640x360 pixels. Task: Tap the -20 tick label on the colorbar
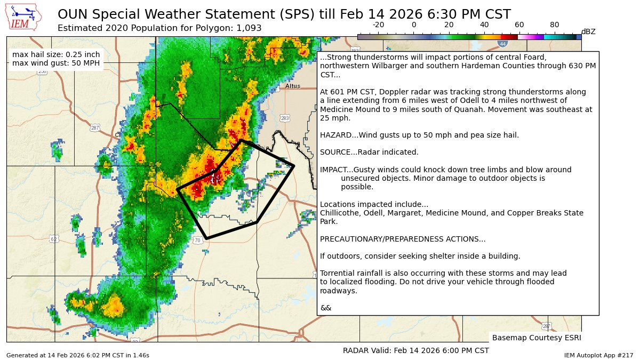pos(378,25)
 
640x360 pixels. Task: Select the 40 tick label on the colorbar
pos(484,25)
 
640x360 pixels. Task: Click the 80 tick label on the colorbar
pos(555,25)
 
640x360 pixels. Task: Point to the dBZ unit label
pos(588,32)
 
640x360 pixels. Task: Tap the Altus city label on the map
pos(293,86)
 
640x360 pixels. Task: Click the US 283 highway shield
pos(285,118)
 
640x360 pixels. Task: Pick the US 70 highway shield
pos(197,241)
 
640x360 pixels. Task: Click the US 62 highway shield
pos(54,238)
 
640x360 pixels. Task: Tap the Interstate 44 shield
pos(502,43)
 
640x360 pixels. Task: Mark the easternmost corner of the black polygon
pos(294,166)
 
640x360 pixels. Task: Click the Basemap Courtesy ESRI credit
pos(536,338)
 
